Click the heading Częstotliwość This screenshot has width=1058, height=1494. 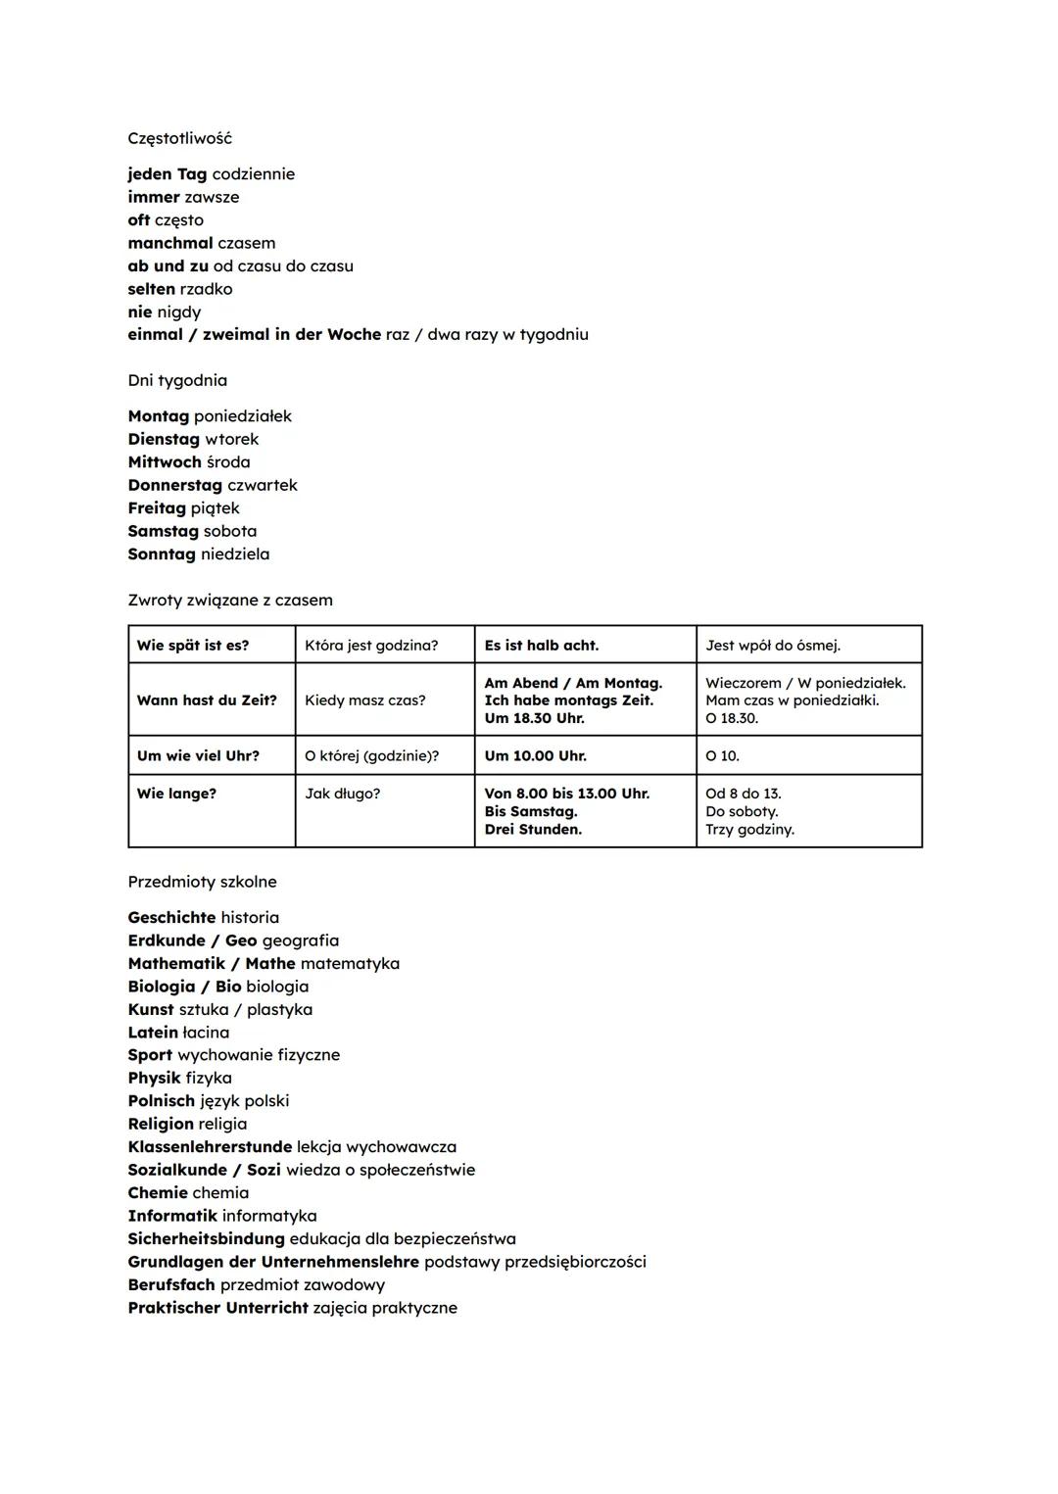pyautogui.click(x=179, y=138)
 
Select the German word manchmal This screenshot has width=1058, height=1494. pyautogui.click(x=169, y=243)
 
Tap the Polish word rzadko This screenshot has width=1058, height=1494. pyautogui.click(x=206, y=289)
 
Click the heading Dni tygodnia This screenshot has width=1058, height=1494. pyautogui.click(x=177, y=380)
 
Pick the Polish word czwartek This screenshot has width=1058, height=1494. pyautogui.click(x=262, y=485)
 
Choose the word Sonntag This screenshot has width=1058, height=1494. pyautogui.click(x=162, y=554)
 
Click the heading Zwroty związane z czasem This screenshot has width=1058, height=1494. pyautogui.click(x=230, y=600)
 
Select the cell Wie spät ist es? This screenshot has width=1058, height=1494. pyautogui.click(x=193, y=645)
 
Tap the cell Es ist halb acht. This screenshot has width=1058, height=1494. pyautogui.click(x=541, y=645)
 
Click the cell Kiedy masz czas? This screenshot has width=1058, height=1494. pyautogui.click(x=364, y=700)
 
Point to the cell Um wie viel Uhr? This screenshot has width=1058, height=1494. pyautogui.click(x=198, y=755)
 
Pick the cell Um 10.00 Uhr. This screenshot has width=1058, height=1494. pyautogui.click(x=535, y=755)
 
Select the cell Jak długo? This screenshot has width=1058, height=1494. pyautogui.click(x=342, y=794)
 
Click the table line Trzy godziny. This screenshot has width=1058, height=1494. pyautogui.click(x=749, y=830)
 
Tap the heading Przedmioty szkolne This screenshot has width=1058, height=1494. pyautogui.click(x=202, y=882)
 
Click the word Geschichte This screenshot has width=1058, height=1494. pyautogui.click(x=171, y=918)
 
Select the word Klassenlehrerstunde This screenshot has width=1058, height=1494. pyautogui.click(x=210, y=1147)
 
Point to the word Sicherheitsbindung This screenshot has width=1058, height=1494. pyautogui.click(x=206, y=1239)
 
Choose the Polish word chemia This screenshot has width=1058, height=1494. pyautogui.click(x=220, y=1193)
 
